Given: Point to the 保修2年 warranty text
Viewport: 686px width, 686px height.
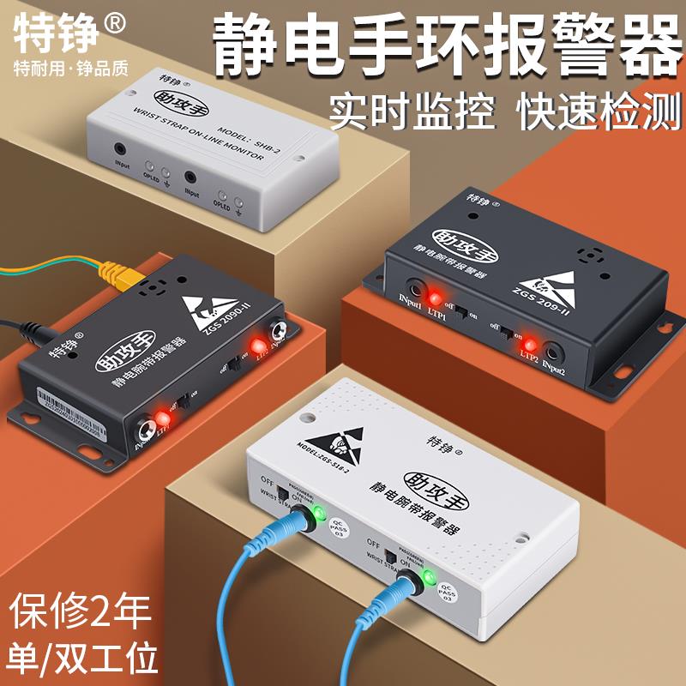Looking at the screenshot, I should click(81, 611).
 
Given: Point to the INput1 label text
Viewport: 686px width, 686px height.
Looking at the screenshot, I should click(411, 302).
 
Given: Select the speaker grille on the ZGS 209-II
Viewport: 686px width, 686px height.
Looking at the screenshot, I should click(587, 255).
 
